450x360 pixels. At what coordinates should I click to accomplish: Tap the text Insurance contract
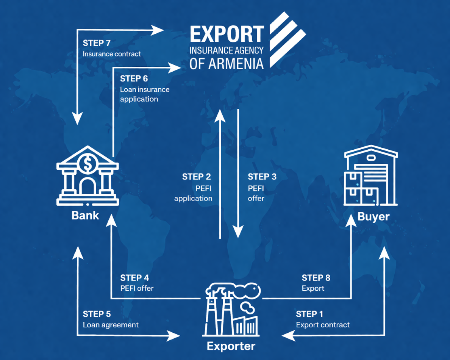pos(112,54)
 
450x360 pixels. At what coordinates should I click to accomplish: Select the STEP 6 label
pos(134,79)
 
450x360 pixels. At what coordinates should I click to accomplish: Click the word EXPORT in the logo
pos(227,34)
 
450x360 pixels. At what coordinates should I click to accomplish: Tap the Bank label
pos(85,216)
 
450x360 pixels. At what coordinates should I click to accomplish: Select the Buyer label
pos(373,217)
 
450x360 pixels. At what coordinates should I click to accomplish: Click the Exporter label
pos(231,346)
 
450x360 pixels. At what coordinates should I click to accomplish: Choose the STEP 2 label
pos(196,177)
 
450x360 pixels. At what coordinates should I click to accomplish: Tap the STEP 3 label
pos(262,177)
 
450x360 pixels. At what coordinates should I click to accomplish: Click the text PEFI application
pos(194,193)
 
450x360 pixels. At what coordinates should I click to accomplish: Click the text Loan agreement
pos(111,325)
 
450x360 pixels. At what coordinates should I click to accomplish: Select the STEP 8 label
pos(316,278)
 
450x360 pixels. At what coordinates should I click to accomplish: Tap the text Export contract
pos(323,325)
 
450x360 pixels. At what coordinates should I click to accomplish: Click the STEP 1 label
pos(309,314)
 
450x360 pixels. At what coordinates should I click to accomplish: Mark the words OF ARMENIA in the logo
pos(227,63)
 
